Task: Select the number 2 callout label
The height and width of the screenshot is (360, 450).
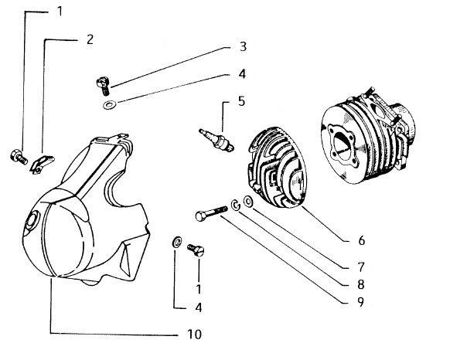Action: point(90,39)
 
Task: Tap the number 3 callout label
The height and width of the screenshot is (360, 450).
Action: point(242,47)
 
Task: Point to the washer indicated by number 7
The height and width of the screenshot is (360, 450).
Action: point(248,202)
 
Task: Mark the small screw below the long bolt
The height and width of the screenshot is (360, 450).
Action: point(196,249)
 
